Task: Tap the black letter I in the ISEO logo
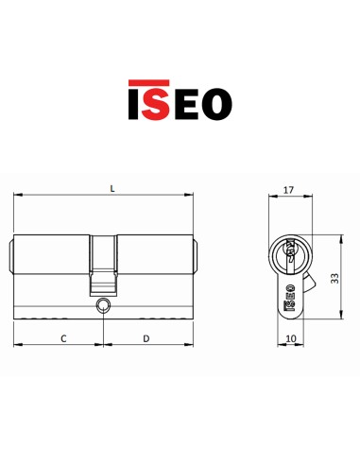pos(132,104)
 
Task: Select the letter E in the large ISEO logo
pos(186,104)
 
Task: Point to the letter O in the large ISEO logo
pos(217,104)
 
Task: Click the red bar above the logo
pos(148,82)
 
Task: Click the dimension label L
pos(112,189)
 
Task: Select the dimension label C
pos(63,338)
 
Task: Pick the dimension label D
pos(146,338)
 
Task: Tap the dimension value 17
pos(288,190)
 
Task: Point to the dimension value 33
pos(335,278)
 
